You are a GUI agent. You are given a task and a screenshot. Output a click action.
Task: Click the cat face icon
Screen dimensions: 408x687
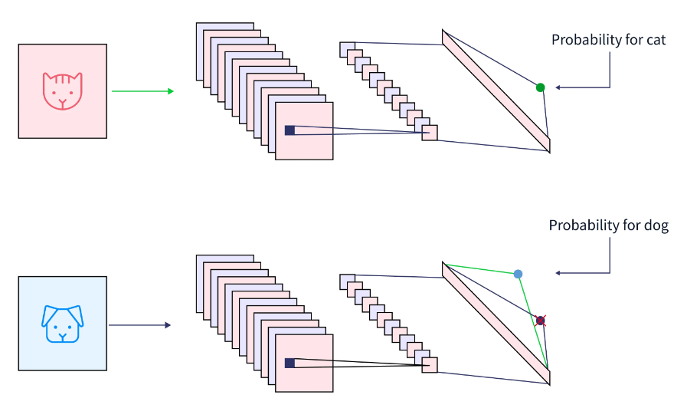coord(62,90)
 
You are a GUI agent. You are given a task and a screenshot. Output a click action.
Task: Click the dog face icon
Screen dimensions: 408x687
coord(63,324)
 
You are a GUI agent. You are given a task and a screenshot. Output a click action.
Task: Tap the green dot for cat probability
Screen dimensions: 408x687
coord(540,87)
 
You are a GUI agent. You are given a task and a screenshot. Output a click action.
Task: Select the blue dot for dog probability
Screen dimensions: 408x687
coord(519,274)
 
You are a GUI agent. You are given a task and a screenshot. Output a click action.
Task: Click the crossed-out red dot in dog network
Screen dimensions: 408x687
coord(540,321)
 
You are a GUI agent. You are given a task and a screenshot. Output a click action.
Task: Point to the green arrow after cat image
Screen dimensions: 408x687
coord(142,91)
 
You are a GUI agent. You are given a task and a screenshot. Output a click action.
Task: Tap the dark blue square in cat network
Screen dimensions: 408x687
coord(290,130)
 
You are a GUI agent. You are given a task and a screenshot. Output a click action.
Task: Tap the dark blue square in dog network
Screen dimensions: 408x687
coord(290,363)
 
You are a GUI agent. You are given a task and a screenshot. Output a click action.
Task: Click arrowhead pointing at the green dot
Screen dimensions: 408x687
coord(558,87)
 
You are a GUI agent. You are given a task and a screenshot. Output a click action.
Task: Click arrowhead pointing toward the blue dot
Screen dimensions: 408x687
coord(558,273)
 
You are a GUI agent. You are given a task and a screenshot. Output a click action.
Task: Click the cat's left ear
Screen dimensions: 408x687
coord(47,78)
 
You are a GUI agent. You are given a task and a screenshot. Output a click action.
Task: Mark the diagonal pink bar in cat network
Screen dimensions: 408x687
coord(496,90)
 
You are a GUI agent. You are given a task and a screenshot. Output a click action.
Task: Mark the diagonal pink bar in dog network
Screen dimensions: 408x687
coord(496,323)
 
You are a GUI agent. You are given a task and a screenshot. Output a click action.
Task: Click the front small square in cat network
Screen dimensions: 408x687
coord(430,133)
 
